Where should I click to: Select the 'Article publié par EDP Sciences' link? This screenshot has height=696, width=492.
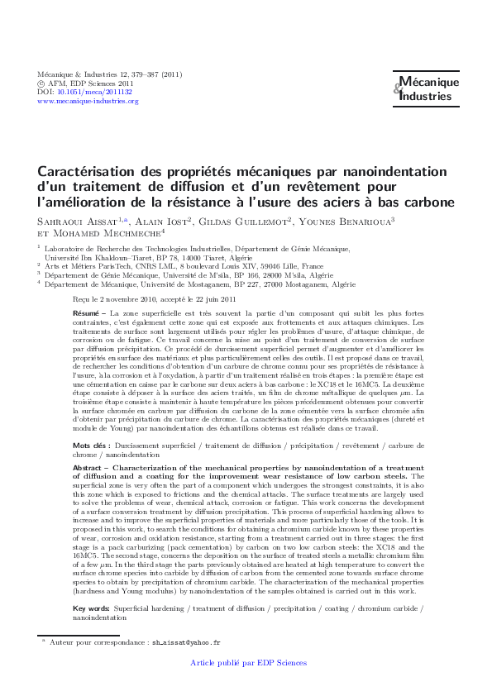[x=248, y=663]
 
